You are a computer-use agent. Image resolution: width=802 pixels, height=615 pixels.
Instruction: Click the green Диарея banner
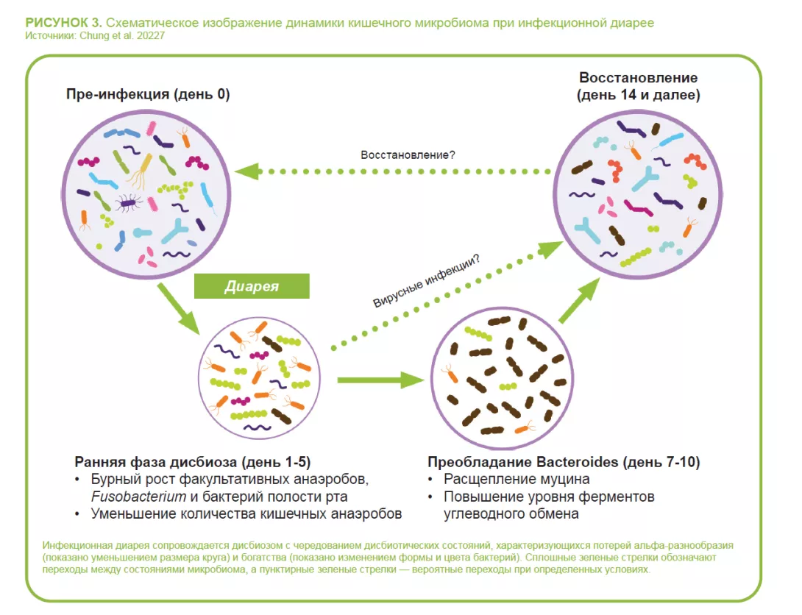tap(252, 286)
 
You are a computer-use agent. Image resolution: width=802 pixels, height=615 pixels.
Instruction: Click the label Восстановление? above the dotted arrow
tap(408, 155)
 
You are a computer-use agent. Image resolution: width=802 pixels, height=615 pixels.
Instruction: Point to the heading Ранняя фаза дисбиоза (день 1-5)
tap(193, 463)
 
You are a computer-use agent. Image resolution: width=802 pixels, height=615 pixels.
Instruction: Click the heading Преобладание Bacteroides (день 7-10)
tap(564, 463)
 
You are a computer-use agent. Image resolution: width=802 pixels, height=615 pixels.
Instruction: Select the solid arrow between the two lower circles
tap(380, 380)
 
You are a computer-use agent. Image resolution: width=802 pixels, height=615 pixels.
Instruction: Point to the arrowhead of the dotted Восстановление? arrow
tap(247, 171)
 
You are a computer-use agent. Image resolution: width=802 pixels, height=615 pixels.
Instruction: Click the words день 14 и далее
tap(638, 95)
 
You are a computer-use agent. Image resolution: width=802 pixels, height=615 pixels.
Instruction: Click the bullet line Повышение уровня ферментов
tap(548, 497)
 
